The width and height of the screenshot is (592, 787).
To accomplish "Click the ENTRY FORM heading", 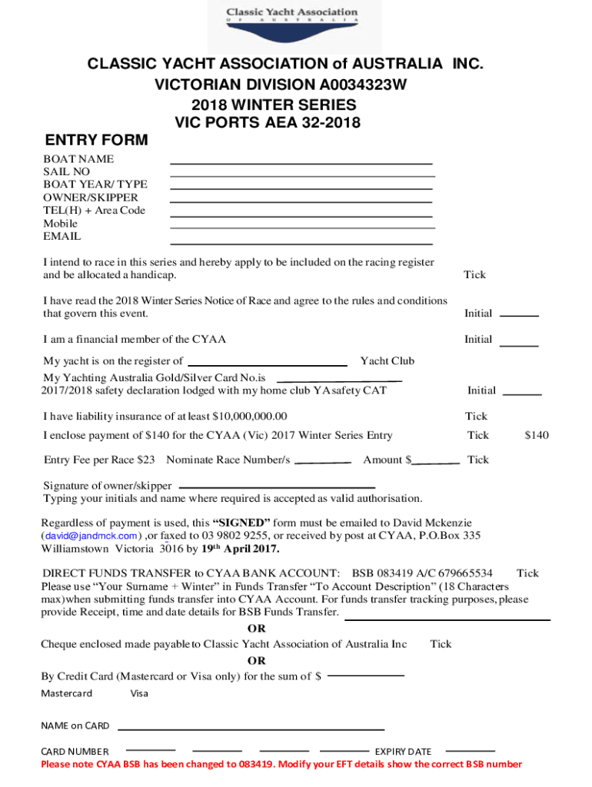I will click(x=95, y=140).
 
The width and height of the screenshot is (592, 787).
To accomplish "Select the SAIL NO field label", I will click(x=67, y=171).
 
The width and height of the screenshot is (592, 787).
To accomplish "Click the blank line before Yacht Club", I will click(x=268, y=364).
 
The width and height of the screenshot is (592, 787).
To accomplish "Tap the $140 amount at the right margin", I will click(x=537, y=435).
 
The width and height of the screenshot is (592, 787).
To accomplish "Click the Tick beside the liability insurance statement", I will click(x=476, y=416).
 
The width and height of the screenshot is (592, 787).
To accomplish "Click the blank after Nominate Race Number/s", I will click(x=323, y=463).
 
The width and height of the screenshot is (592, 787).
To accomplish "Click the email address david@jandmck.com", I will click(x=91, y=536).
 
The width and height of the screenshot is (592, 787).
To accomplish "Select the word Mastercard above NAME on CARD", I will click(x=66, y=693).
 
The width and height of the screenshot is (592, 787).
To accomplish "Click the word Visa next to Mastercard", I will click(x=139, y=693).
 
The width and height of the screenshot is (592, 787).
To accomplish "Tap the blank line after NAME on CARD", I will click(x=251, y=728).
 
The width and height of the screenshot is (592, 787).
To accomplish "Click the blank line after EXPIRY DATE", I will click(x=471, y=749).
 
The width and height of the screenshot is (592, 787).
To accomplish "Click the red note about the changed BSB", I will click(x=281, y=764).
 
